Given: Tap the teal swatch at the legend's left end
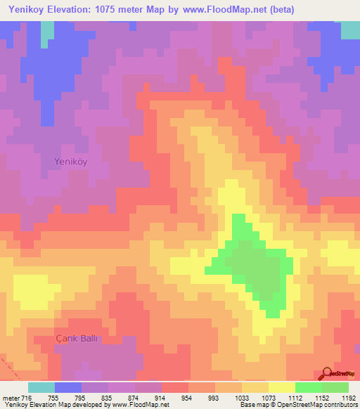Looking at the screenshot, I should point(41,387).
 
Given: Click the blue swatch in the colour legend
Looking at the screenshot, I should point(68,387).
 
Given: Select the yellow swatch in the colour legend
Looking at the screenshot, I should point(282,387).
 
